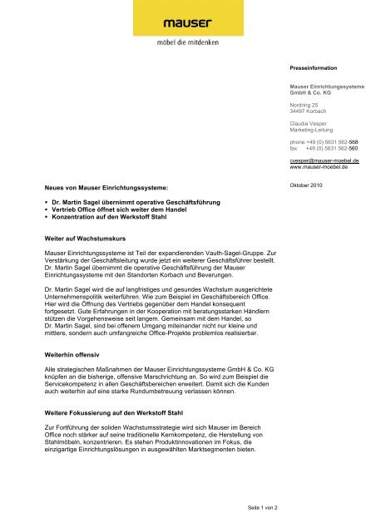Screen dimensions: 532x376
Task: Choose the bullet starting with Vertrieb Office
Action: [x=120, y=212]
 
